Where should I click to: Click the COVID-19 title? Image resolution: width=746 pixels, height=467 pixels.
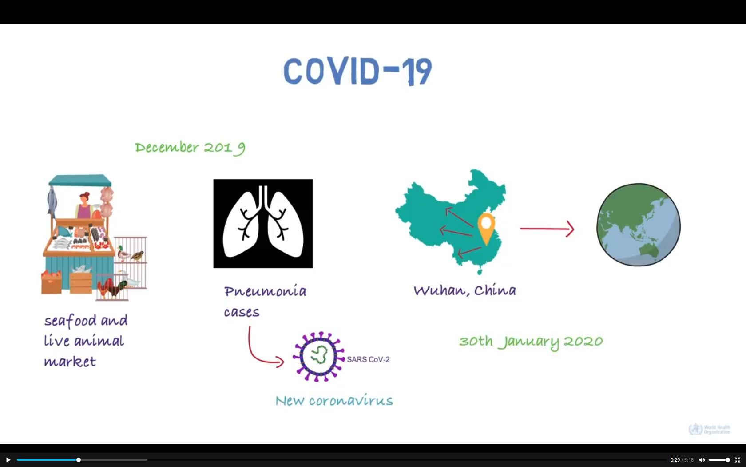coord(358,71)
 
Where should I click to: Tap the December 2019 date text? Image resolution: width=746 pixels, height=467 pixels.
coord(190,148)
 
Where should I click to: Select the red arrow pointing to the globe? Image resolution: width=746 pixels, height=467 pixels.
coord(547,229)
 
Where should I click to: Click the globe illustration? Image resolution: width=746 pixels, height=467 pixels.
coord(639,225)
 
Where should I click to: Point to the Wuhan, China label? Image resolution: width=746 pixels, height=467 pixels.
coord(465,290)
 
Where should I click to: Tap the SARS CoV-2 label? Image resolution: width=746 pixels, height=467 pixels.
coord(368,359)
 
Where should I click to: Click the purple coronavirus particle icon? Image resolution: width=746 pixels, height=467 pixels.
coord(318,357)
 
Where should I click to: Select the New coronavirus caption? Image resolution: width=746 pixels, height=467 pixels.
coord(334,400)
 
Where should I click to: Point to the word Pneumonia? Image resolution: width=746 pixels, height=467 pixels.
coord(265,292)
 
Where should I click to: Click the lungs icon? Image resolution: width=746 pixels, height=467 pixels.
coord(263,223)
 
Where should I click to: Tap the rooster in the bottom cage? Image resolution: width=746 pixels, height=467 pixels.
coord(111,287)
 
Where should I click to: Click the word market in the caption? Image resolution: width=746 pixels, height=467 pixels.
coord(70,362)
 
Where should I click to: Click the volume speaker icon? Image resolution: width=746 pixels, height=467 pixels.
coord(702,460)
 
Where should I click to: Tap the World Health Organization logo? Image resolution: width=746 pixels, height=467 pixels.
coord(710,429)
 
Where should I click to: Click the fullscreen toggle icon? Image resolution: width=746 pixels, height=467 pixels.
coord(737,460)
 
